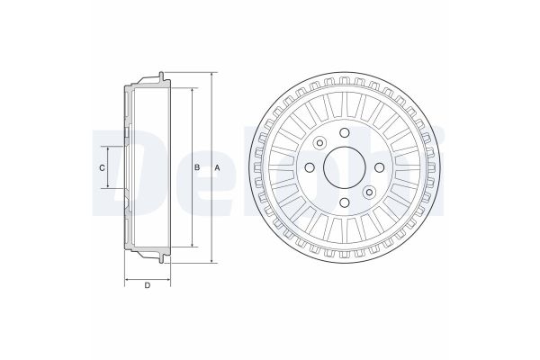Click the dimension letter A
[x=217, y=167]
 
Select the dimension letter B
[x=197, y=167]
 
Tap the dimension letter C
[x=102, y=167]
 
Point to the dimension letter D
[x=147, y=285]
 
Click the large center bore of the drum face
[x=345, y=167]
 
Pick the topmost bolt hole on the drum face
[x=345, y=132]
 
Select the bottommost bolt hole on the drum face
[x=345, y=202]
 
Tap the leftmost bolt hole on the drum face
[x=310, y=167]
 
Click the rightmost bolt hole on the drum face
[x=379, y=167]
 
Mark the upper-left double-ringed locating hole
[x=320, y=143]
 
